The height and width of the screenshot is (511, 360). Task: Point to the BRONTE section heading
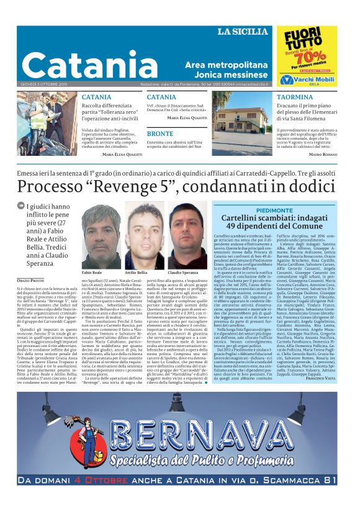tap(160, 133)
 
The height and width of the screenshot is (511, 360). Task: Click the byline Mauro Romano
tap(323, 153)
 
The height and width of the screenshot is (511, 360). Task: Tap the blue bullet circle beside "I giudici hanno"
tap(22, 207)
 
